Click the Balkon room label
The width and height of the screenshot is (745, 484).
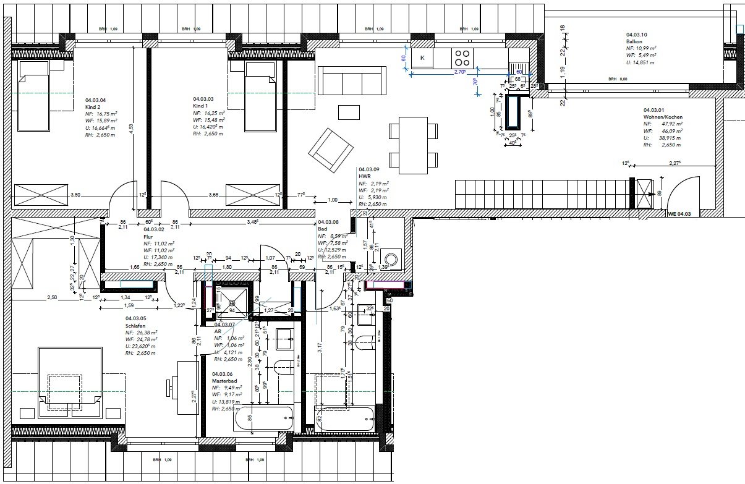634,41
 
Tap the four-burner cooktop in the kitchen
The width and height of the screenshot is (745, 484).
462,58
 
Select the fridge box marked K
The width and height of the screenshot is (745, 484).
423,58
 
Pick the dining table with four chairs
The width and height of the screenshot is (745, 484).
414,145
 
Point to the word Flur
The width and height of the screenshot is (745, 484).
148,236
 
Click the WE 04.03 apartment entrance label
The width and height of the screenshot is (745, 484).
680,214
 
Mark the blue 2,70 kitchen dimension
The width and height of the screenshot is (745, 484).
459,72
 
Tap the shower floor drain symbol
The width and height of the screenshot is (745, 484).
234,303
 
